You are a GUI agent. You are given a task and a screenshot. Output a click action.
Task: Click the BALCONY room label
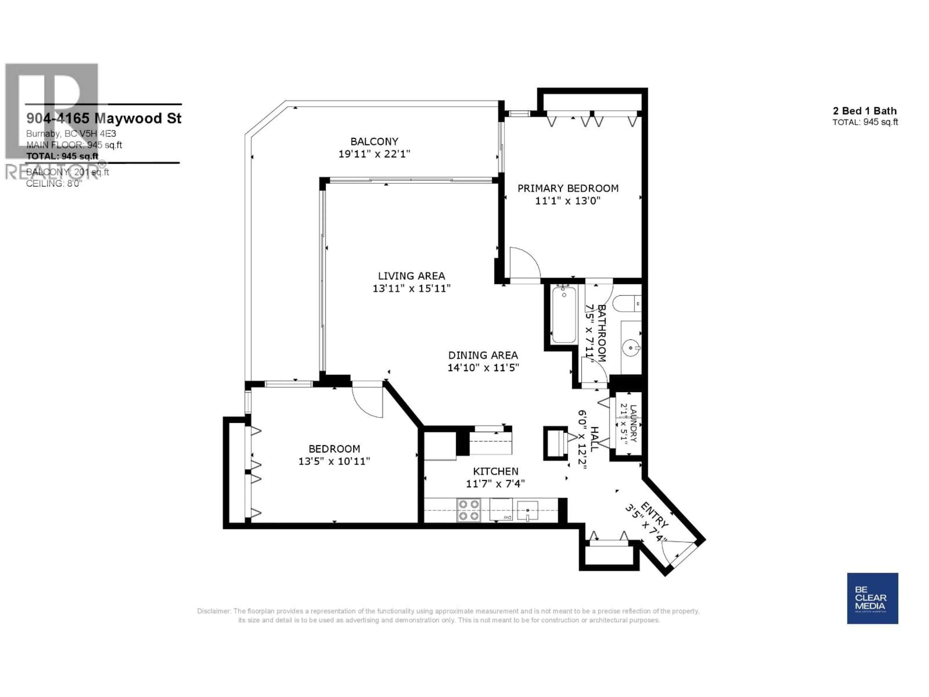[374, 142]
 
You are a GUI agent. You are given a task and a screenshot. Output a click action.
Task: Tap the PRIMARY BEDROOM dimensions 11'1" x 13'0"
[567, 201]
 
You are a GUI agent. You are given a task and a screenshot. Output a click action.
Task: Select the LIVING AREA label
[411, 276]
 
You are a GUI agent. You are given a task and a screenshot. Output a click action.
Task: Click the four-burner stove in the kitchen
[469, 510]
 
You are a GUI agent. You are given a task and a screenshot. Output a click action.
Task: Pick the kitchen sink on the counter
[527, 510]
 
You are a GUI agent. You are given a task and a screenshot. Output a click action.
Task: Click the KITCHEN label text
[495, 471]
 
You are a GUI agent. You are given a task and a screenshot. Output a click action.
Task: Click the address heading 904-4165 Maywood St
[104, 119]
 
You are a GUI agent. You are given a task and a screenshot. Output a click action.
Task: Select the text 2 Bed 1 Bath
[865, 111]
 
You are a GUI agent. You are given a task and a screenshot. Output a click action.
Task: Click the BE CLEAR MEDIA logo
[872, 598]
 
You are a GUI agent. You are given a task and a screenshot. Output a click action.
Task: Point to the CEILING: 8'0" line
[54, 184]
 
